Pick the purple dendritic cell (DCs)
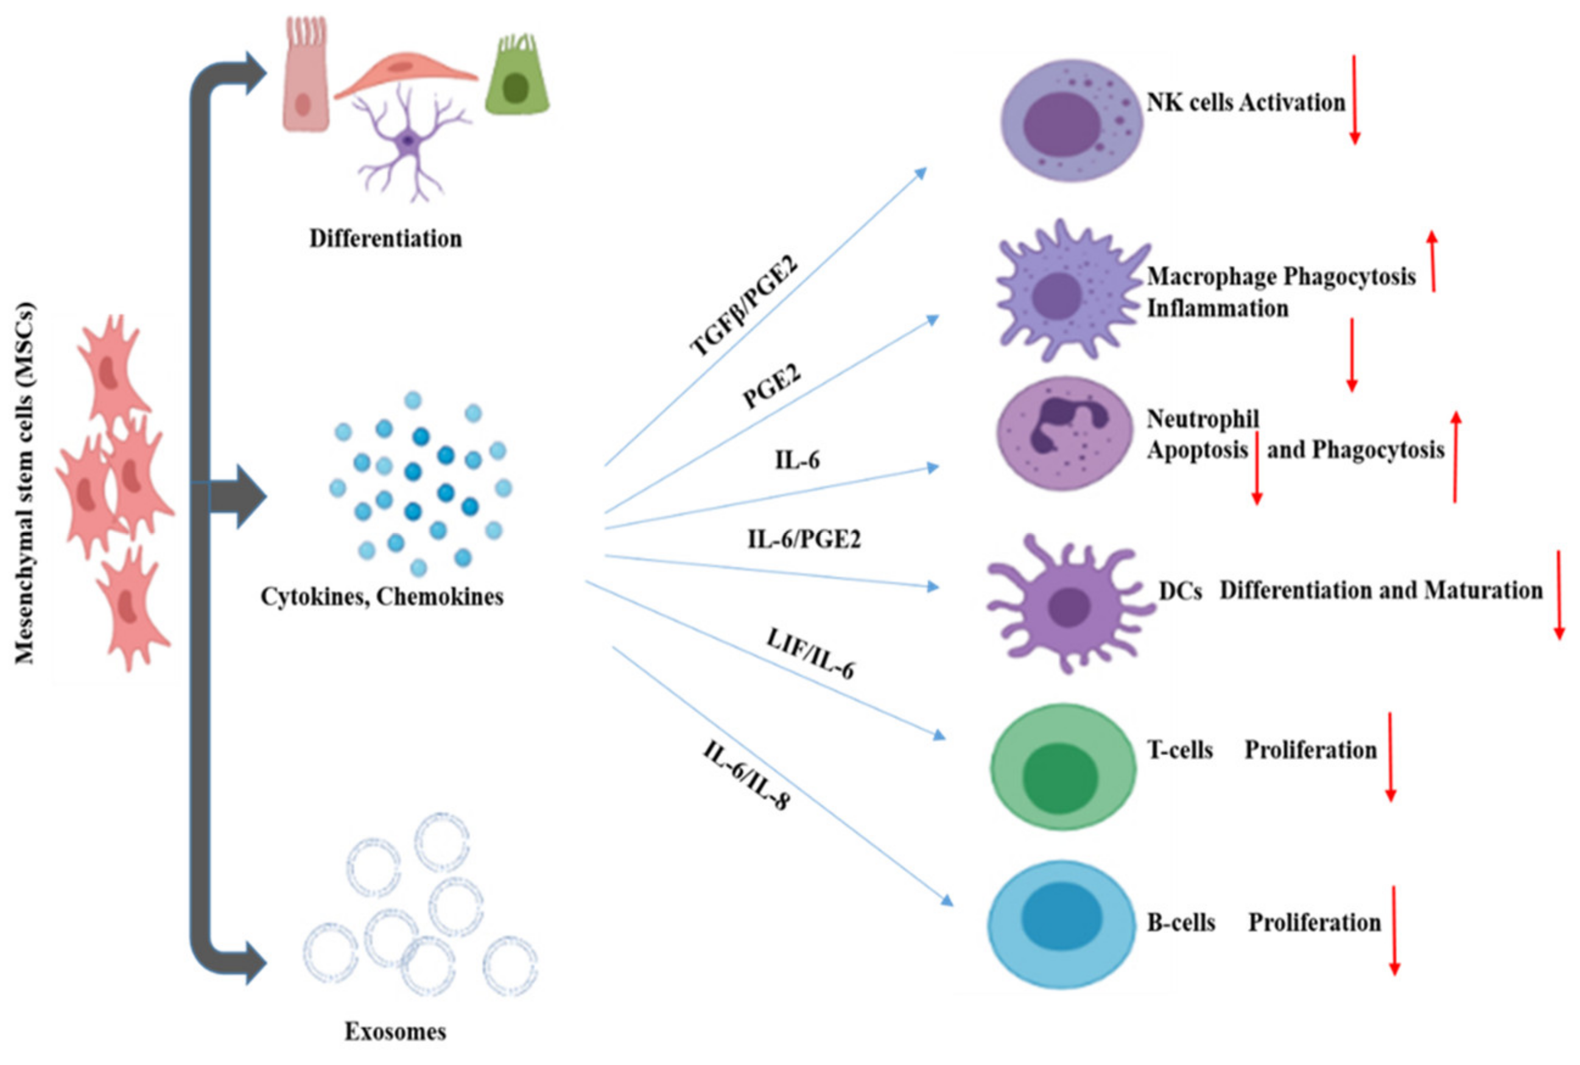click(1069, 604)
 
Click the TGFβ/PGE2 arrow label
click(743, 306)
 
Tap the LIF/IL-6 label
click(810, 653)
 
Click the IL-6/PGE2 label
click(804, 540)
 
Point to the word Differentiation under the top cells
click(385, 239)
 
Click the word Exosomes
click(395, 1032)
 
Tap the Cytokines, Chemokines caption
click(382, 596)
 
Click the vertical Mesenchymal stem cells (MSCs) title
click(24, 483)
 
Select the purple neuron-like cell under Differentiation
click(407, 142)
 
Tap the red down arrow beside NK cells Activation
click(1354, 100)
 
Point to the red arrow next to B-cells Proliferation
click(1393, 931)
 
